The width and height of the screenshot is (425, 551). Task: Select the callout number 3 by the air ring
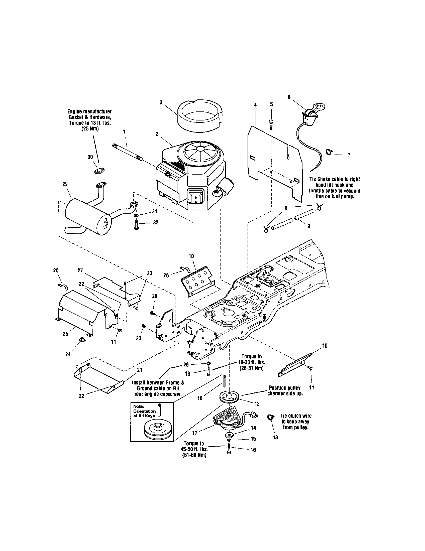[161, 102]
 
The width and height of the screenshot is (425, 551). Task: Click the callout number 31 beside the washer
[155, 211]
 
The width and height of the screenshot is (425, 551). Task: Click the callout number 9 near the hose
[308, 226]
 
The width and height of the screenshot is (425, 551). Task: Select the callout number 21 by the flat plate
[139, 370]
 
